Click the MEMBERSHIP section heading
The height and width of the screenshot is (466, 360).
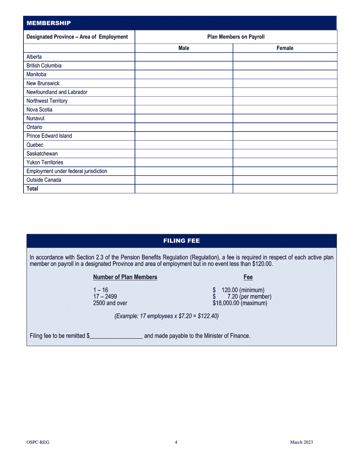click(x=49, y=23)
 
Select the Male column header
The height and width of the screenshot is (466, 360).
click(x=184, y=48)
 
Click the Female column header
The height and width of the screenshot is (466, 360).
click(x=285, y=48)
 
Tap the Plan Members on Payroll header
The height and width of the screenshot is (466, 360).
click(x=236, y=37)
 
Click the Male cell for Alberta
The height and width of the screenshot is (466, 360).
click(x=184, y=57)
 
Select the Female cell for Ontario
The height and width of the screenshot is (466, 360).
click(x=285, y=127)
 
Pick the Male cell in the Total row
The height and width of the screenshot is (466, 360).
click(x=184, y=189)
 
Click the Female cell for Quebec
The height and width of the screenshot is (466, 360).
click(x=285, y=145)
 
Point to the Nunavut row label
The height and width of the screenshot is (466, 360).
click(x=35, y=119)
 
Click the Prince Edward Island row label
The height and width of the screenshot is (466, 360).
click(x=49, y=136)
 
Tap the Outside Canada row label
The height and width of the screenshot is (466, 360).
click(x=44, y=180)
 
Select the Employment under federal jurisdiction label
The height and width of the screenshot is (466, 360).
click(x=67, y=171)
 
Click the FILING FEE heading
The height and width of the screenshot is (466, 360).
click(x=182, y=241)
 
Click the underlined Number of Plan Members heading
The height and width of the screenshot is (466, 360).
click(x=125, y=277)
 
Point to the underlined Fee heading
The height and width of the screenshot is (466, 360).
click(x=248, y=277)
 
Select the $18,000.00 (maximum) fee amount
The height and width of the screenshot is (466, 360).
click(x=240, y=303)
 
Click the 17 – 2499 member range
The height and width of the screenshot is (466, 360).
click(x=105, y=297)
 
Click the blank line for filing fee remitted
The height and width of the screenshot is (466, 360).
click(x=116, y=336)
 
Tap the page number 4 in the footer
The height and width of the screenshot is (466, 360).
click(x=176, y=442)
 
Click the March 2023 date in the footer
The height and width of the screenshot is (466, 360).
click(x=301, y=442)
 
